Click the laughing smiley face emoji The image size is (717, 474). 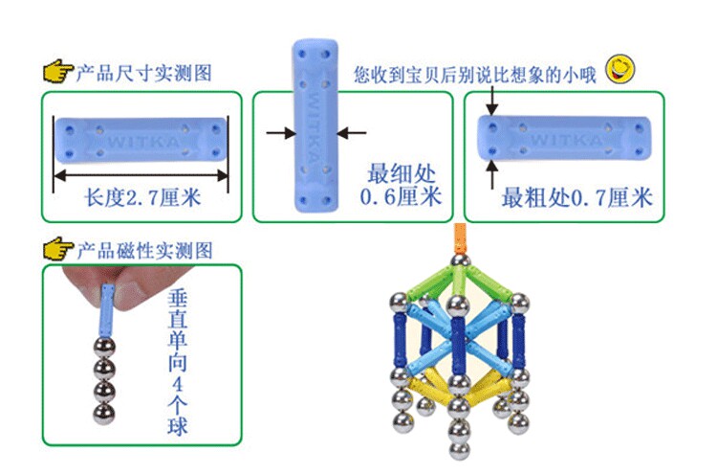[x=620, y=69]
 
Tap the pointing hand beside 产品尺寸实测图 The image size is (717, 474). [x=58, y=72]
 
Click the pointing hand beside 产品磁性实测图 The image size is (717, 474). [x=58, y=249]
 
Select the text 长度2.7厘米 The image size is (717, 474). [x=142, y=198]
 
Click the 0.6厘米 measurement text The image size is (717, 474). [x=401, y=197]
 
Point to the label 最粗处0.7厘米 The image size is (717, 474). [x=576, y=198]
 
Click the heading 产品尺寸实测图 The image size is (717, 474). [x=144, y=74]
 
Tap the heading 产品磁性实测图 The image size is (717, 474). [x=144, y=251]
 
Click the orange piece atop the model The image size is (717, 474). [x=460, y=238]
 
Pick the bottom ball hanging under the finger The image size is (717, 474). [x=104, y=414]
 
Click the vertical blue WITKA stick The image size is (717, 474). [x=315, y=125]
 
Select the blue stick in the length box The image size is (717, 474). [x=141, y=140]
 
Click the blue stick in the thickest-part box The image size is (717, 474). [x=564, y=138]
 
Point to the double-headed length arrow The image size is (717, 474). [x=141, y=175]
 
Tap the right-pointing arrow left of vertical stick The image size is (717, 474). [x=281, y=133]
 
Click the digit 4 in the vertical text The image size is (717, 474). [x=178, y=384]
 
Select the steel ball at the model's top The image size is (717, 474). [x=461, y=261]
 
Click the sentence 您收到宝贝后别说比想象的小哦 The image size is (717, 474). [x=474, y=75]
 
